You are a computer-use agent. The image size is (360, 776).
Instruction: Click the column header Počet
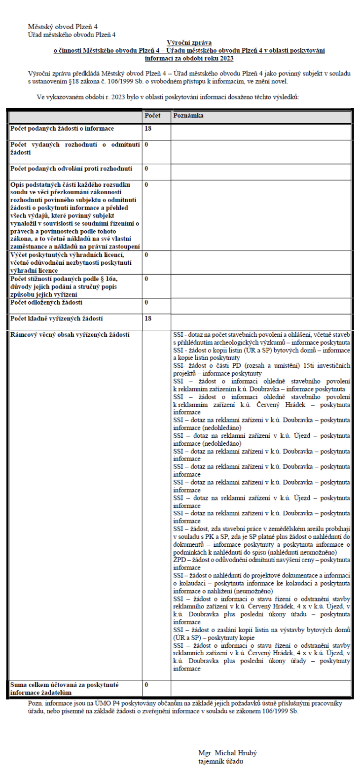[x=152, y=115]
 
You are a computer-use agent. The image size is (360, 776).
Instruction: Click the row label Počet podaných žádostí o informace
[x=62, y=129]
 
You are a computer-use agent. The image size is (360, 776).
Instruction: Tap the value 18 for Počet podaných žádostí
[x=148, y=129]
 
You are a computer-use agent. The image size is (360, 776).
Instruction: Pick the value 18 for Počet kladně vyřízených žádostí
[x=148, y=318]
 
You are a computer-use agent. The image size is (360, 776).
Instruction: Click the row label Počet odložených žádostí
[x=46, y=302]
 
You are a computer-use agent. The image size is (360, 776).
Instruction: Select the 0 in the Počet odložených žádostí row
[x=146, y=302]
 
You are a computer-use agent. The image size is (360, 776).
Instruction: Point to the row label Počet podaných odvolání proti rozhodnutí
[x=71, y=169]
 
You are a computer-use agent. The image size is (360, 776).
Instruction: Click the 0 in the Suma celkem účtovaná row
[x=146, y=685]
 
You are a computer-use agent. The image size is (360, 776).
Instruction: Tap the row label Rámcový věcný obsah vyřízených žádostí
[x=70, y=335]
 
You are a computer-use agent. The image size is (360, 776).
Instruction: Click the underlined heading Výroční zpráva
[x=189, y=43]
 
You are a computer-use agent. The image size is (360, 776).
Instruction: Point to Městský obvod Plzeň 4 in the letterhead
[x=66, y=26]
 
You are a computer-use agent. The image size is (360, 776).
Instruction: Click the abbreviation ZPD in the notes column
[x=179, y=560]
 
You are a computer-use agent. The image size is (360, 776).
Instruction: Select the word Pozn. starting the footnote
[x=36, y=703]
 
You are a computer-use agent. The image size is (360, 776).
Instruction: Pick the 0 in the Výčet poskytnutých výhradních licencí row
[x=146, y=255]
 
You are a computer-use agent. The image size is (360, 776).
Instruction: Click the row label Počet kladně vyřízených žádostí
[x=56, y=318]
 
